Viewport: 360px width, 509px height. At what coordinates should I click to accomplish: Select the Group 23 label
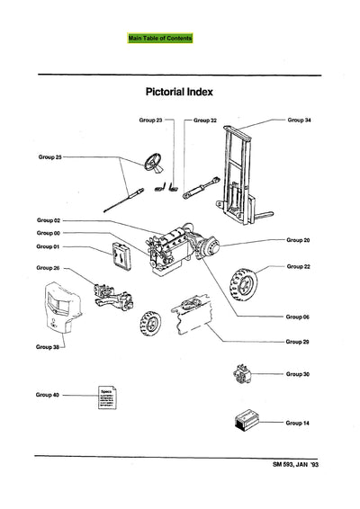tap(151, 120)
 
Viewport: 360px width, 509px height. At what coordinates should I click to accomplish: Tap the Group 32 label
tap(205, 120)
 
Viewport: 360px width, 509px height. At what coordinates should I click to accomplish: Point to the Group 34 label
tap(299, 119)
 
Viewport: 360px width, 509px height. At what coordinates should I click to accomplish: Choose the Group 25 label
tap(49, 156)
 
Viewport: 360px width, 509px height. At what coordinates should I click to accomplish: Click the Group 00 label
tap(48, 233)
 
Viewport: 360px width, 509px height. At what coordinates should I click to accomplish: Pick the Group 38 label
tap(48, 345)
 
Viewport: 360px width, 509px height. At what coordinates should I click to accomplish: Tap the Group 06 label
tap(298, 317)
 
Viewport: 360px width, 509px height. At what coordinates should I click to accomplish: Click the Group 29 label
tap(298, 342)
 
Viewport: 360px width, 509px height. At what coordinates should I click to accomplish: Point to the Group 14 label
tap(298, 422)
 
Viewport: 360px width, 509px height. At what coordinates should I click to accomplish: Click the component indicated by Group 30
tap(241, 374)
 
